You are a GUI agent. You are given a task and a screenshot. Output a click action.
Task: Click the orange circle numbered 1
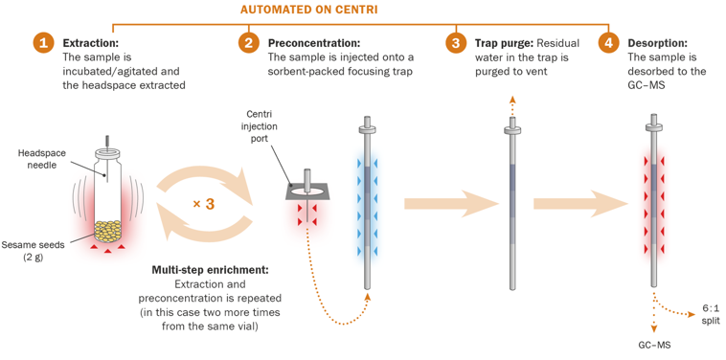point(43,43)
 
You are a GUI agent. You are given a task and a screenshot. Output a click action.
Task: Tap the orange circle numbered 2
point(249,43)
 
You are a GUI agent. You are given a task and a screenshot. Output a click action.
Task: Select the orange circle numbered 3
point(456,43)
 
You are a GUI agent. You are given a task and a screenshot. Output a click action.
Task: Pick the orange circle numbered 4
point(608,43)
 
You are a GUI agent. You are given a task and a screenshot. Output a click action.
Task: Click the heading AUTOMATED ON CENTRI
point(308,10)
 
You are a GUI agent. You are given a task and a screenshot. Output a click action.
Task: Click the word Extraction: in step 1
point(91,43)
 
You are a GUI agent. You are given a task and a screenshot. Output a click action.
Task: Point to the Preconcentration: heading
point(314,43)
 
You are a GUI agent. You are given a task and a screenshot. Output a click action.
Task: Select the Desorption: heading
point(657,43)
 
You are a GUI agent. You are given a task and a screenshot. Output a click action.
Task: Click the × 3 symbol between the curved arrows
point(203,204)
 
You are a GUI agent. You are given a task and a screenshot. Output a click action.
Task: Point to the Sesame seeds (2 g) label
point(33,251)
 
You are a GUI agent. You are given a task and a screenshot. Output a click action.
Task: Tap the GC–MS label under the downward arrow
point(655,346)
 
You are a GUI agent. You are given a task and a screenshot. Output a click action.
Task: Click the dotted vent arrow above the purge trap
point(512,106)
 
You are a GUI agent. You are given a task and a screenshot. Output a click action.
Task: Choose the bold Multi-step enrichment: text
point(210,270)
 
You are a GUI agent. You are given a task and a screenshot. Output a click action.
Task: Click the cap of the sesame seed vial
point(108,153)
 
